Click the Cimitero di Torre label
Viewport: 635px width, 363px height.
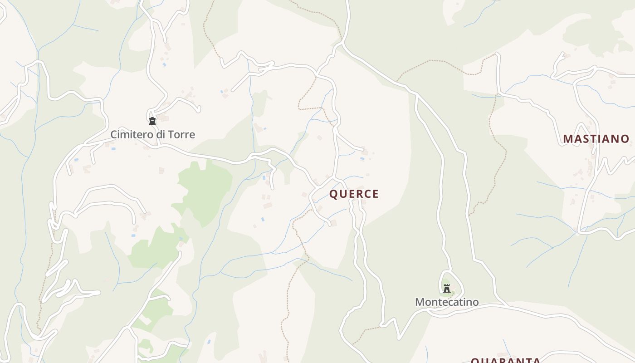click(153, 134)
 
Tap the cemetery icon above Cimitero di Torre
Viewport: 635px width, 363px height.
click(152, 121)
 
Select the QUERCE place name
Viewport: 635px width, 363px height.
click(354, 194)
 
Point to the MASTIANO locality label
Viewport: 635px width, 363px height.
click(596, 139)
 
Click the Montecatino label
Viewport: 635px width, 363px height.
click(447, 302)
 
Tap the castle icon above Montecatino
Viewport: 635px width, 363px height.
click(447, 288)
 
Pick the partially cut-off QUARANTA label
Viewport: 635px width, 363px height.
click(505, 361)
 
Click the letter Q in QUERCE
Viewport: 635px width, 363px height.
click(333, 194)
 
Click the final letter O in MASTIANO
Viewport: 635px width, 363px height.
click(625, 139)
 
